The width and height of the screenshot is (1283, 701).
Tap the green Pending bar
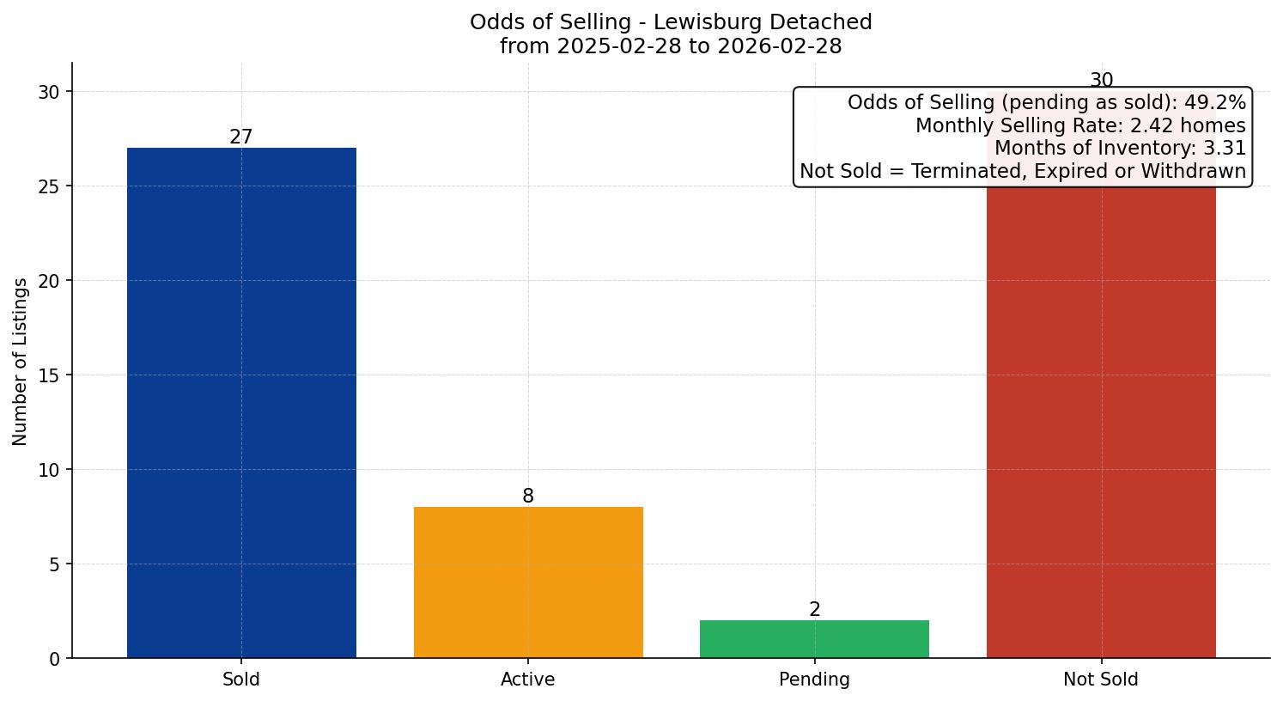[x=814, y=639]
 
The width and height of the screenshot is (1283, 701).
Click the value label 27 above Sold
[x=241, y=137]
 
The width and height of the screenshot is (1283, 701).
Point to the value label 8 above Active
[x=528, y=497]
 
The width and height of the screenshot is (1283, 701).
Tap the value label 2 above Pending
[x=814, y=610]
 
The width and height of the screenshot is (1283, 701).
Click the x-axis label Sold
[x=241, y=680]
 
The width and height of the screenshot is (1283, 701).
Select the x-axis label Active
[x=528, y=680]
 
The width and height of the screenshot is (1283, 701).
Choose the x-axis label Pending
[x=814, y=680]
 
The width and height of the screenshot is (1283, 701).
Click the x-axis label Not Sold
[x=1101, y=680]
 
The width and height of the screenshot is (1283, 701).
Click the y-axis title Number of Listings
[x=21, y=361]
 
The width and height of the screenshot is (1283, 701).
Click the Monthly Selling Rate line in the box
[x=1079, y=125]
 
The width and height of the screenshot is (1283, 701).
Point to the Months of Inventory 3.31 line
[x=1119, y=149]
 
